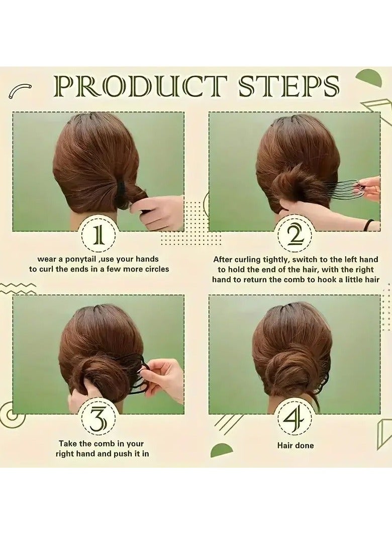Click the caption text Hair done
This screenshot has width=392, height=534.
[x=296, y=446]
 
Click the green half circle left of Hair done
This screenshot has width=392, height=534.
[x=222, y=451]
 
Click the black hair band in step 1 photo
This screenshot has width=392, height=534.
[x=123, y=194]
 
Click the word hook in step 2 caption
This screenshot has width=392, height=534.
[x=321, y=280]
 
